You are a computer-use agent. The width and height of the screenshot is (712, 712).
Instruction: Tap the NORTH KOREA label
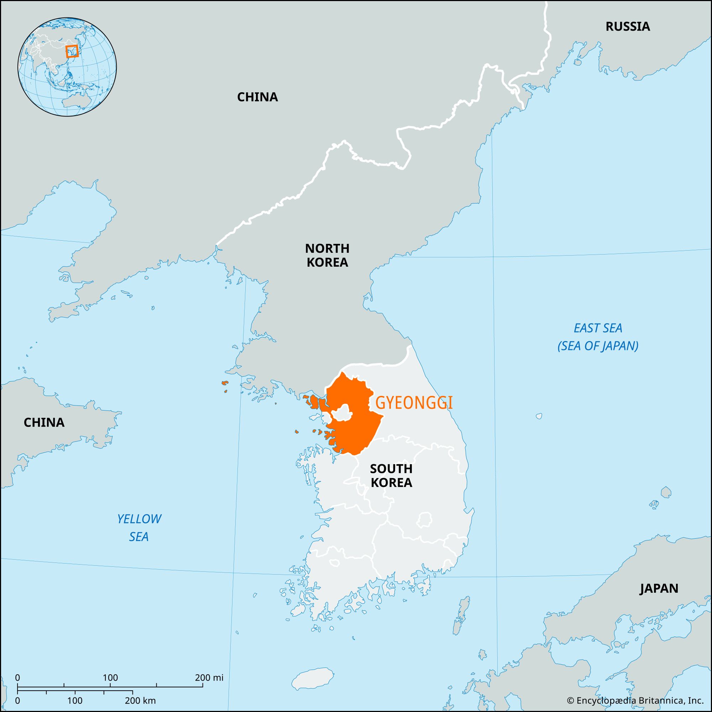tap(327, 255)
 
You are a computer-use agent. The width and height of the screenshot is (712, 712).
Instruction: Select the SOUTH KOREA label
tap(391, 475)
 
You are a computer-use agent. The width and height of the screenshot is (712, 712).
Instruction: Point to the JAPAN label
tap(659, 588)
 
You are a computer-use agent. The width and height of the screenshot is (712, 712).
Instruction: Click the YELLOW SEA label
tap(139, 528)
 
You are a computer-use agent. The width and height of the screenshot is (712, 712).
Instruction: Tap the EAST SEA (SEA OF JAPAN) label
tap(598, 337)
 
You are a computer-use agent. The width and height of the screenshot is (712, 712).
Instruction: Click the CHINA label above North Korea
tap(257, 97)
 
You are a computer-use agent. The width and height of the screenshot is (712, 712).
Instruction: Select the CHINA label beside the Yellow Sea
tap(44, 422)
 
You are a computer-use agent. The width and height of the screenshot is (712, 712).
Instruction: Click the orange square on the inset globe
tap(72, 51)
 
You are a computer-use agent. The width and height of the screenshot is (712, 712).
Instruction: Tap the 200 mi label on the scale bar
tap(209, 678)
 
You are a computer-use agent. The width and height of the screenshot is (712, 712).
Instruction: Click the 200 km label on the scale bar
tap(140, 701)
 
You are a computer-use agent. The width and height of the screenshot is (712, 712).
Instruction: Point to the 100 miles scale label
tap(110, 678)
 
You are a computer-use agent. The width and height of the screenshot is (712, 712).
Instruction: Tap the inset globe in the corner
tap(67, 67)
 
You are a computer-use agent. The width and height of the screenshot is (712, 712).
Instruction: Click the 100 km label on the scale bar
tap(75, 701)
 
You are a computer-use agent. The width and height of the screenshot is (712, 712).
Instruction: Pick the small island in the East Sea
tap(539, 416)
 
